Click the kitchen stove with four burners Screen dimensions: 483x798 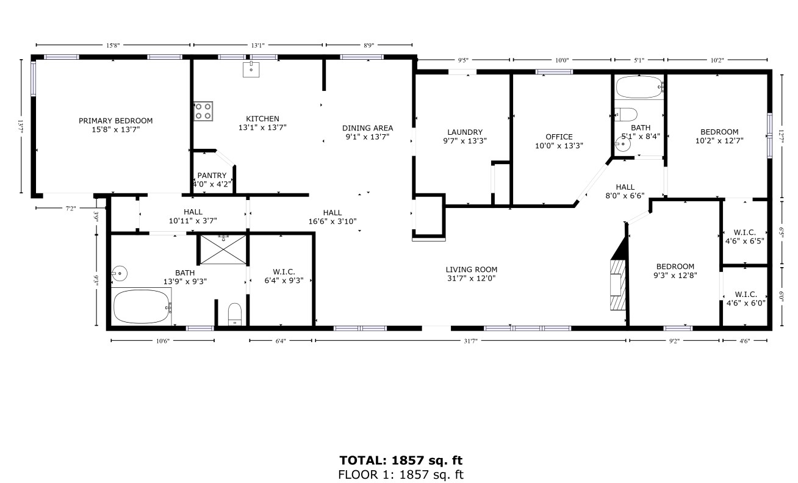tap(204, 111)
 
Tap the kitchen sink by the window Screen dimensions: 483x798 tap(251, 70)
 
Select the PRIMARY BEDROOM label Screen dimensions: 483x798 tap(115, 121)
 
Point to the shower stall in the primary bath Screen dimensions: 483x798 tap(224, 248)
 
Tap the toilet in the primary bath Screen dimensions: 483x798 tap(235, 315)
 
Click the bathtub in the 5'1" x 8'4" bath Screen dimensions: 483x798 tap(638, 88)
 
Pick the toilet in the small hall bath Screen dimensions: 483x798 tap(626, 114)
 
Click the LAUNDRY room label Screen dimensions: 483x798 tap(465, 132)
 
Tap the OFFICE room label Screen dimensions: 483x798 tap(559, 137)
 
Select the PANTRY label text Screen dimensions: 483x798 tap(212, 176)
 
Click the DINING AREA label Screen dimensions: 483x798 tap(367, 128)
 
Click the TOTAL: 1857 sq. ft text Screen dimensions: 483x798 tap(404, 460)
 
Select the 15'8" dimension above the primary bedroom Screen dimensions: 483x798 tap(112, 45)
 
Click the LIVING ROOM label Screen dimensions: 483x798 tap(471, 269)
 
